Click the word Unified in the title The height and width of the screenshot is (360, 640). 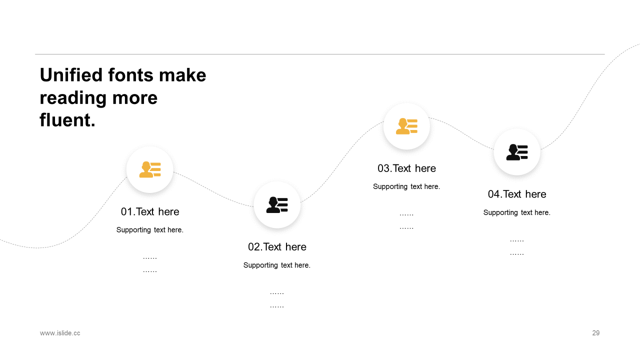(x=71, y=75)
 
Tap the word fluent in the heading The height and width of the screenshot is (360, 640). (x=65, y=119)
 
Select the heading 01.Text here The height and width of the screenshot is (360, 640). (x=150, y=211)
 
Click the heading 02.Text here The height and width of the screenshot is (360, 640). (x=277, y=247)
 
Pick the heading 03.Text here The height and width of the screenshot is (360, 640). (x=406, y=168)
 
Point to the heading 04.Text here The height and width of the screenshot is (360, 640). (x=517, y=194)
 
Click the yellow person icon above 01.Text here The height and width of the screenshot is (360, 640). (x=150, y=169)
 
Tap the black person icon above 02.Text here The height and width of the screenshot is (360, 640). (x=277, y=205)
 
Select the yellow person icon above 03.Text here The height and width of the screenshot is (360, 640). (x=406, y=126)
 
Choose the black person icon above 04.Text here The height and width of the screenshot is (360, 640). (x=517, y=152)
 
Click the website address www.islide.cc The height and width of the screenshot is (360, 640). (x=60, y=333)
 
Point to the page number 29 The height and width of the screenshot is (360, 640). (x=595, y=333)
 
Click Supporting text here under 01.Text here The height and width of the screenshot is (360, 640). (x=149, y=230)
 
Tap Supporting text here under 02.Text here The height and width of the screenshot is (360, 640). (x=277, y=265)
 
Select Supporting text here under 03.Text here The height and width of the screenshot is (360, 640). (x=406, y=186)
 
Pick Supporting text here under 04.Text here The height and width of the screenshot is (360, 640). (x=517, y=212)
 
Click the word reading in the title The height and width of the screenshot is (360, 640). (x=73, y=98)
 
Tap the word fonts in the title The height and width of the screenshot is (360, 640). (x=130, y=75)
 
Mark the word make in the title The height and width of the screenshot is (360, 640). (x=182, y=75)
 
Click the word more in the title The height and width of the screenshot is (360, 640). (x=135, y=98)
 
